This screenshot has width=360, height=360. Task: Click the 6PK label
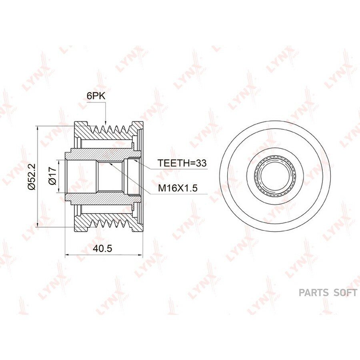[96, 96]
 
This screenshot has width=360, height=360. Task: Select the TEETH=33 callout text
[182, 163]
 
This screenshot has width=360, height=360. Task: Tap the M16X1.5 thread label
[178, 188]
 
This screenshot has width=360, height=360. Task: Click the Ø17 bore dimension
[52, 176]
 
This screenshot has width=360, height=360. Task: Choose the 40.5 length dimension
[103, 248]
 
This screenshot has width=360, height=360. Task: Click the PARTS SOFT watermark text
[328, 293]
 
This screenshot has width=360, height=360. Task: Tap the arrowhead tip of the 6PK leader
[105, 125]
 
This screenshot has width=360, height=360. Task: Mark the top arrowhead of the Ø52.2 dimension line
[38, 126]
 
